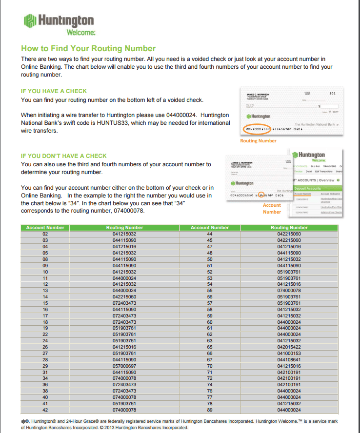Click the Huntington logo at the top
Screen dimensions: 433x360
click(x=59, y=21)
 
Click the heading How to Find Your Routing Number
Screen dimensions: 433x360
click(x=88, y=48)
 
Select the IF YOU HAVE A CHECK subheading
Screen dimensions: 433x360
click(x=54, y=91)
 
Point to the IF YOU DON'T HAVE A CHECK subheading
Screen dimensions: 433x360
click(x=63, y=156)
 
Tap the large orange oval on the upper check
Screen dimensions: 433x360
click(x=256, y=129)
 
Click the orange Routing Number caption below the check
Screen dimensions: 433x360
click(x=258, y=141)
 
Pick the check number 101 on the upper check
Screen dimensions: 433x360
click(x=332, y=93)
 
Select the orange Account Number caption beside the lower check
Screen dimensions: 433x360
click(x=272, y=208)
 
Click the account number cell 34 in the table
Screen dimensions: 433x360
click(x=45, y=378)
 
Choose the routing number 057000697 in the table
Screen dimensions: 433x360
click(x=124, y=365)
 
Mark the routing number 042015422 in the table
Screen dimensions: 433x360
click(x=289, y=346)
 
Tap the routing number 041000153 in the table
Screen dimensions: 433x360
click(x=289, y=353)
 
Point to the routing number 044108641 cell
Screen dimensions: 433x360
click(x=289, y=359)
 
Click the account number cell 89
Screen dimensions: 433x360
click(x=210, y=410)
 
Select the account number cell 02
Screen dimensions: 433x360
click(x=45, y=234)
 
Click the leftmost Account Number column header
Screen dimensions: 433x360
click(x=45, y=228)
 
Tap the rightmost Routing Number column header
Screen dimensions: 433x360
click(x=289, y=228)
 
